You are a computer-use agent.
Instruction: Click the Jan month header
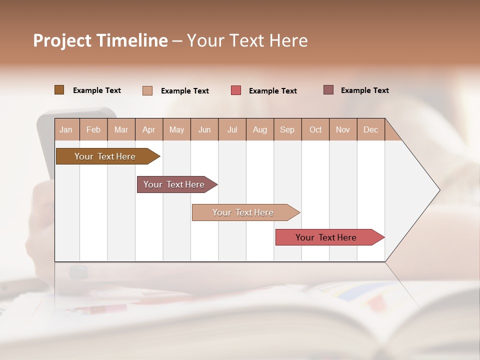(66, 129)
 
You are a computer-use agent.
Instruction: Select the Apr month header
(148, 129)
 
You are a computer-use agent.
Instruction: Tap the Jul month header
(232, 129)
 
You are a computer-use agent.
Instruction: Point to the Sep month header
(287, 129)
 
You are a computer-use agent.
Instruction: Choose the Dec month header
(370, 129)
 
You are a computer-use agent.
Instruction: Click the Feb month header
(93, 129)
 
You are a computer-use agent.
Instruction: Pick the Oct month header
(315, 129)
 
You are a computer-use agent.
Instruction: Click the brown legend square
(59, 90)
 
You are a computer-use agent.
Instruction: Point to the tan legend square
(147, 90)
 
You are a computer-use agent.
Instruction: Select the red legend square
(236, 90)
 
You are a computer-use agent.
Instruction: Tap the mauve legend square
(328, 90)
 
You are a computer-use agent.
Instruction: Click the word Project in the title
(61, 40)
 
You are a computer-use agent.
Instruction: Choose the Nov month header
(343, 129)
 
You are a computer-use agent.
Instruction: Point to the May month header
(176, 129)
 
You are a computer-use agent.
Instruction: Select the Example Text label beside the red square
(273, 90)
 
